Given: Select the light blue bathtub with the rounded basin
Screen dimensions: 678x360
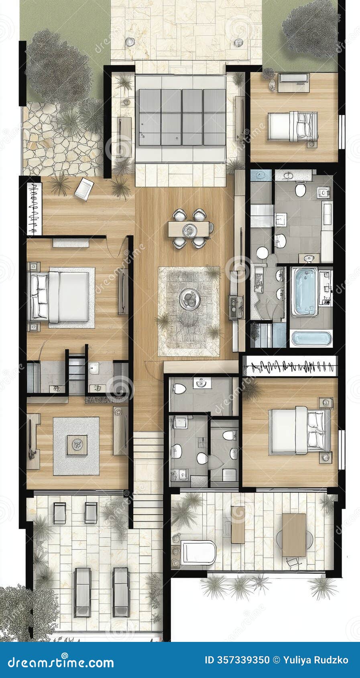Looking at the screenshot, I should (305, 291).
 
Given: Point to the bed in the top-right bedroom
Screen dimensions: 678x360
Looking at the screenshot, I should (293, 126).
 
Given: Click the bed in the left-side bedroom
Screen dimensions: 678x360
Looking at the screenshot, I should (60, 297).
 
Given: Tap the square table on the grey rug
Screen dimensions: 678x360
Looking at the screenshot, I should (77, 445).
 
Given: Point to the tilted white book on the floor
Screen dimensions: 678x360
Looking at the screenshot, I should (84, 189).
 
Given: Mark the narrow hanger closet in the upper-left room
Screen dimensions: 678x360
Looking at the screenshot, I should (35, 209).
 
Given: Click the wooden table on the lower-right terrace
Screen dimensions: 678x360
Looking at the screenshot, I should (294, 535).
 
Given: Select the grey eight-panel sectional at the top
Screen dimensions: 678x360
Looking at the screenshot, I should (182, 117).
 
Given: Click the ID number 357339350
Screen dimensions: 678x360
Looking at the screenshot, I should (237, 660).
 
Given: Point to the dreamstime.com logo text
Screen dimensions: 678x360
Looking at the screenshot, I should (61, 662).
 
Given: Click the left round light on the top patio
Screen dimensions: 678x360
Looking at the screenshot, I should (129, 41).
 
